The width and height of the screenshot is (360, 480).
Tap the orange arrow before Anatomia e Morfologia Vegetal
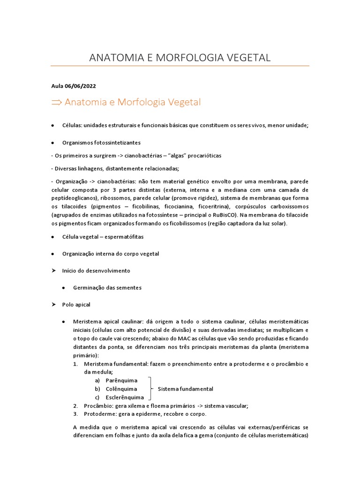point(56,102)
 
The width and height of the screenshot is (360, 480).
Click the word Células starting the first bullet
point(72,125)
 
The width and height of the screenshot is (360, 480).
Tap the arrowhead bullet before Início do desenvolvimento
point(53,270)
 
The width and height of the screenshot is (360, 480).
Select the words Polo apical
point(76,304)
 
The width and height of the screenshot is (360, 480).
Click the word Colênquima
point(121,389)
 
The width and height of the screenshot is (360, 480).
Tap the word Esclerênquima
point(125,397)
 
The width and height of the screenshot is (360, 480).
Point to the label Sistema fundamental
point(185,389)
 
